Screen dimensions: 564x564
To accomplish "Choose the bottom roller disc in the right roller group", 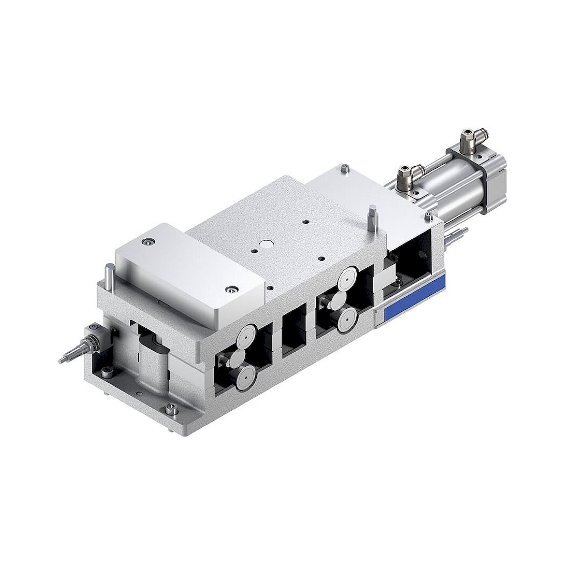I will (x=347, y=316).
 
